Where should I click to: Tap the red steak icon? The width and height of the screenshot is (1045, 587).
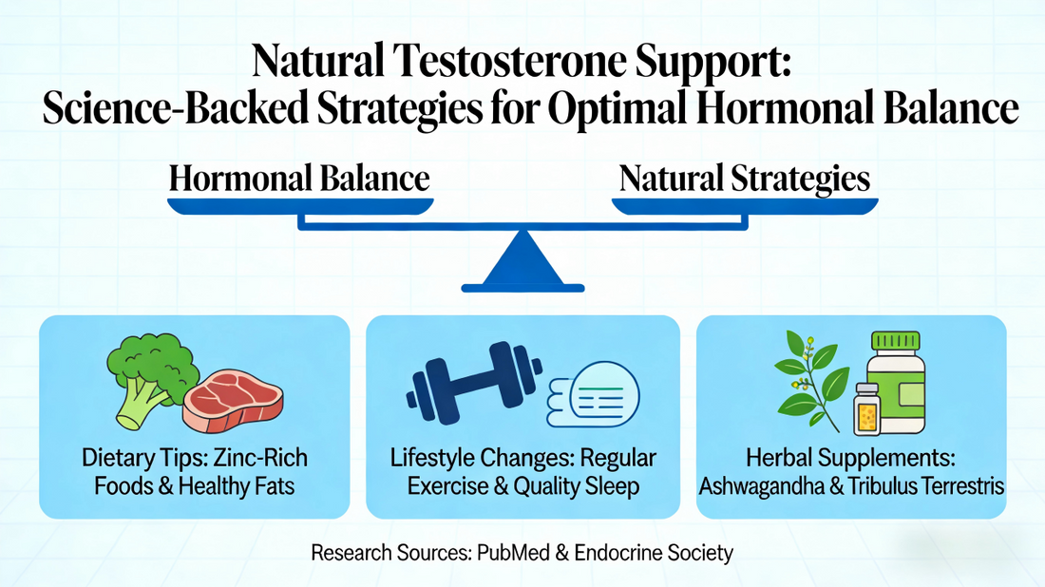(x=232, y=399)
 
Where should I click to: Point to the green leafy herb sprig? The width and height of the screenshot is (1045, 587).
(x=808, y=379)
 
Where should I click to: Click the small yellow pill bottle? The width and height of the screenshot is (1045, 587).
(x=867, y=409)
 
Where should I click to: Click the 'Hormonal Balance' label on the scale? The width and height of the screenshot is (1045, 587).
(x=299, y=179)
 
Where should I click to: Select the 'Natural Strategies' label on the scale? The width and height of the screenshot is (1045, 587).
(x=745, y=179)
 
